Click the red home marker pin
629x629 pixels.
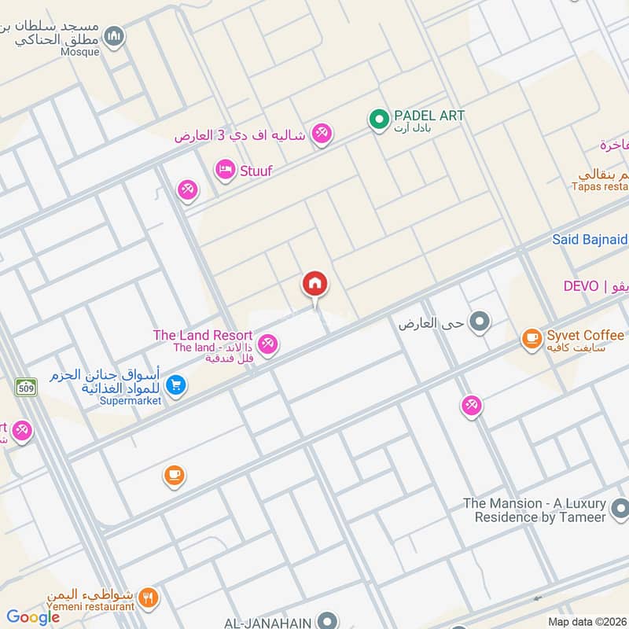tap(315, 284)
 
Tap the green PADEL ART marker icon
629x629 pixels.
tap(379, 120)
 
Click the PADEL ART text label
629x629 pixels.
tap(429, 116)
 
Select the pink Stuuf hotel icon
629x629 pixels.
tap(225, 170)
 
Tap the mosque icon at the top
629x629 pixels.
tap(115, 36)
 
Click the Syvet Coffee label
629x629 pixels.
tap(585, 336)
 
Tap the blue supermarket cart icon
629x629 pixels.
tap(176, 384)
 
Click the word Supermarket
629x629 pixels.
tap(131, 400)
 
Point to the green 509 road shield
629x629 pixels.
tap(25, 387)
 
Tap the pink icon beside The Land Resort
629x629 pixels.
tap(268, 344)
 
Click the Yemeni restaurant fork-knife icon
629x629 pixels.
tap(148, 598)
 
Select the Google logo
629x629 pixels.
tap(33, 617)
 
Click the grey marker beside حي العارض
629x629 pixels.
tap(479, 321)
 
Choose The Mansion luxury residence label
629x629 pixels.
tap(535, 509)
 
